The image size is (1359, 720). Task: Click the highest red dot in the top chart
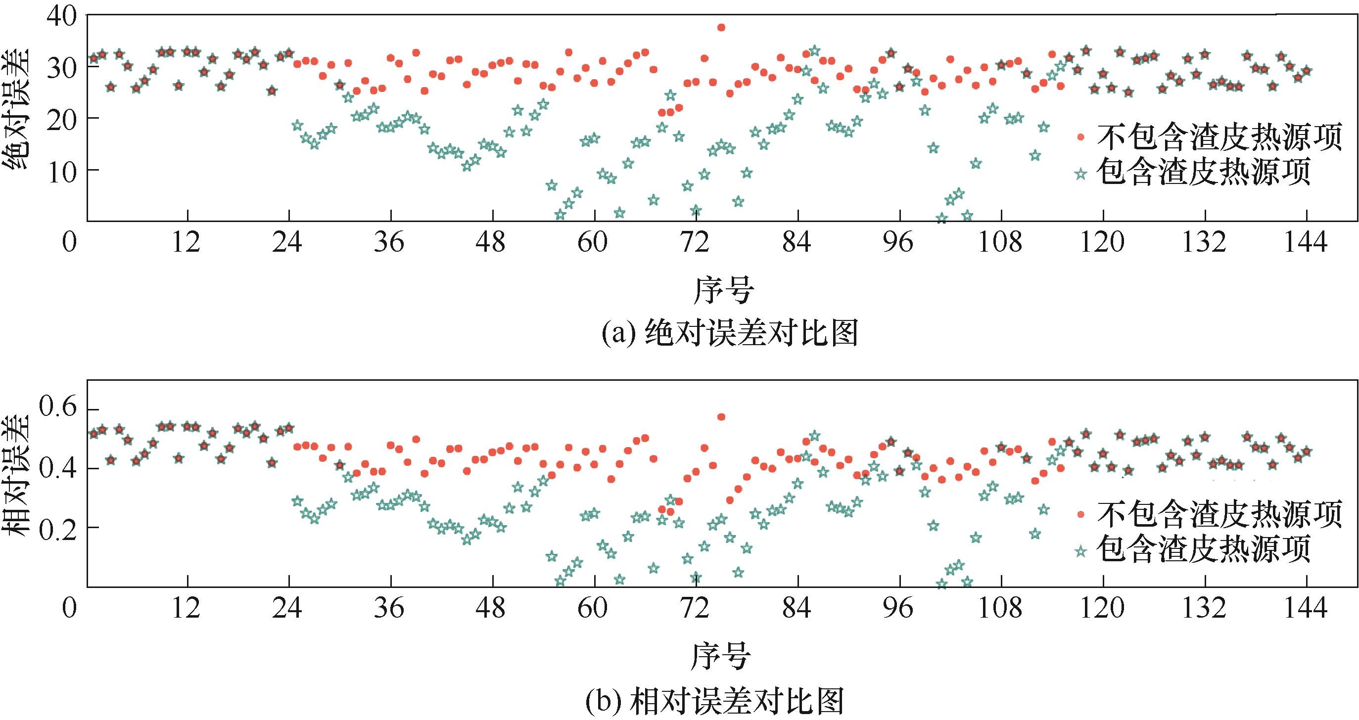coord(721,27)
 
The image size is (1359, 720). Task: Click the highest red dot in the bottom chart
coord(721,417)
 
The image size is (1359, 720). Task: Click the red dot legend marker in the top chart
coord(1080,137)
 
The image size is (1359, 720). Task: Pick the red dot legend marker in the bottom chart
coord(1080,514)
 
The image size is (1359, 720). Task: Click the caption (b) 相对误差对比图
coord(715,701)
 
